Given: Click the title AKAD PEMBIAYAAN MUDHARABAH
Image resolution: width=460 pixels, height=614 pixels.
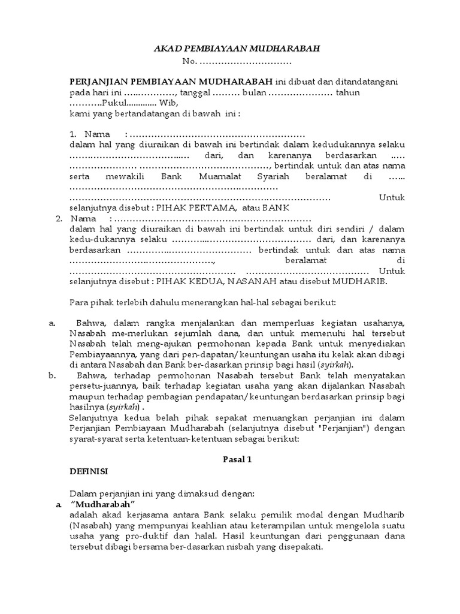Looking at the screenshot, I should (x=237, y=49).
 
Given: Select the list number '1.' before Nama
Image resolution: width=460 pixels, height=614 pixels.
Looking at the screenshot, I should (x=73, y=134).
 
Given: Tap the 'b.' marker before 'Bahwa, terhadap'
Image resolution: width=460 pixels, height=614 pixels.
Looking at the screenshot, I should (x=52, y=375).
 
